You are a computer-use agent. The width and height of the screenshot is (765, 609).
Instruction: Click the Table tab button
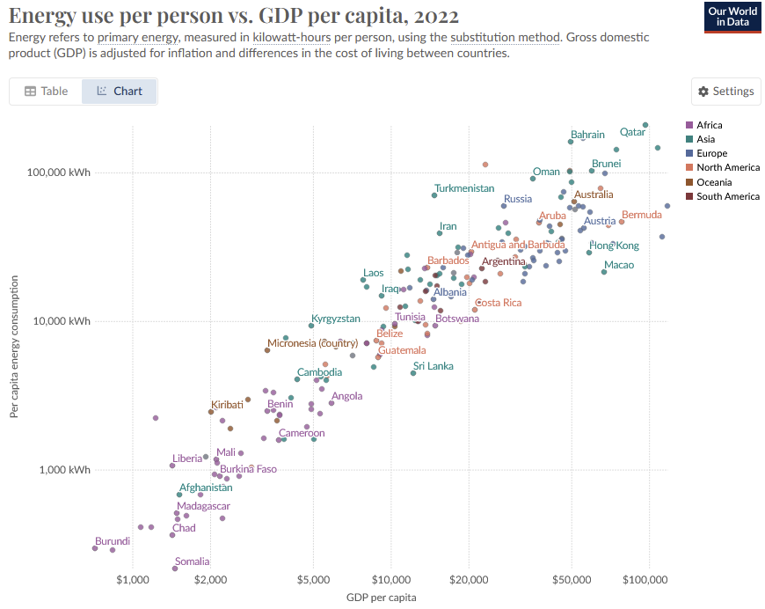[x=46, y=92]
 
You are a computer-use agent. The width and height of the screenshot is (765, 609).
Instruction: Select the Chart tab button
[x=119, y=92]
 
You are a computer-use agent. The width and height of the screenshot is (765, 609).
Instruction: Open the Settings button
[x=726, y=92]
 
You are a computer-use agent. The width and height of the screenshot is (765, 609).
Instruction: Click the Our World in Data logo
[x=732, y=17]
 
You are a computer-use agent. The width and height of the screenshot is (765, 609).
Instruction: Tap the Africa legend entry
[x=709, y=125]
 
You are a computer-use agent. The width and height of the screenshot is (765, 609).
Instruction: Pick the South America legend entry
[x=727, y=196]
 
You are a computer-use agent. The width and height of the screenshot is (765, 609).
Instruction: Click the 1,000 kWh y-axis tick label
[x=66, y=470]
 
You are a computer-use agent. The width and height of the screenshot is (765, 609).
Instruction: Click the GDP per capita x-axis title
[x=382, y=598]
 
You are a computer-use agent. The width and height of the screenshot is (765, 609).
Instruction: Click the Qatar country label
[x=632, y=132]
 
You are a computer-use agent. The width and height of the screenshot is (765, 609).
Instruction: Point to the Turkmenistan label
[x=464, y=188]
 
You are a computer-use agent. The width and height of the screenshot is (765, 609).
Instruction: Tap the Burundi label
[x=113, y=541]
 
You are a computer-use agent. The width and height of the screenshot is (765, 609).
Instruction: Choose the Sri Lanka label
[x=433, y=366]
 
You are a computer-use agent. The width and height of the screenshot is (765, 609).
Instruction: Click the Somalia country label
[x=192, y=561]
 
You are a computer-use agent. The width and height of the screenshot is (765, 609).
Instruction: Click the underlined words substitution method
[x=505, y=38]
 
